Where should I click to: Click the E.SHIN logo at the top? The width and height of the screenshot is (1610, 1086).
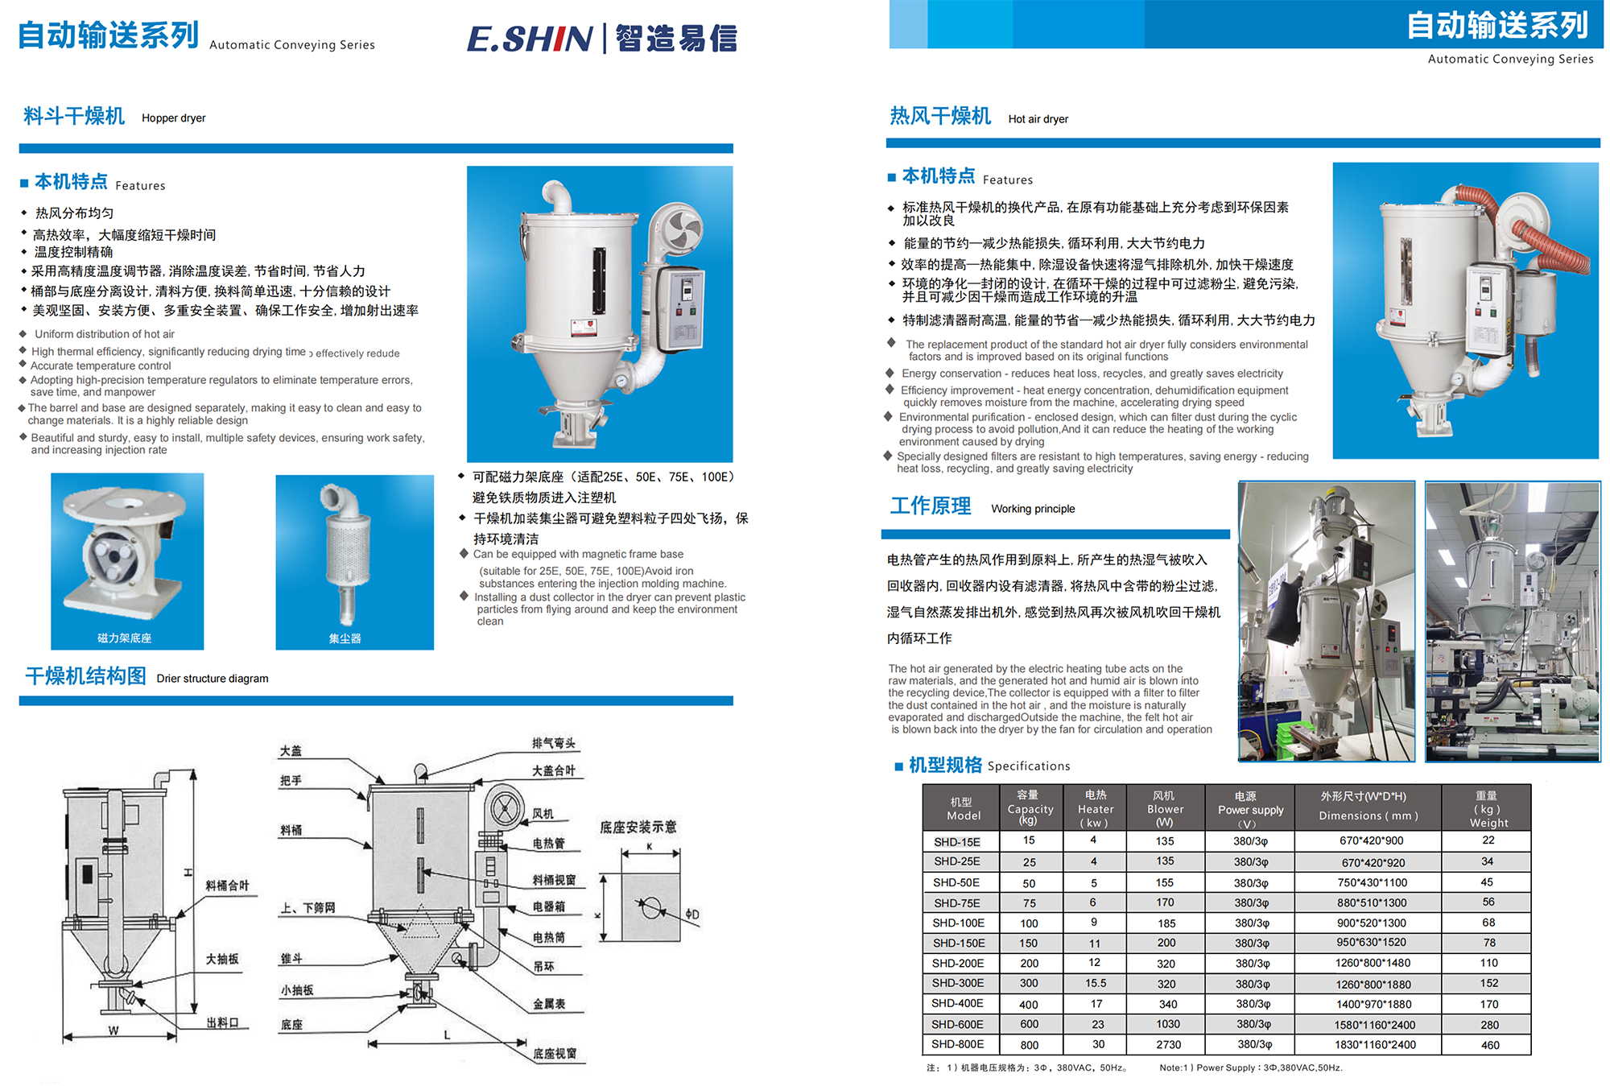pyautogui.click(x=601, y=38)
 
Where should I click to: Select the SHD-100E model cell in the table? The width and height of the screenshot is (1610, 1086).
pyautogui.click(x=958, y=923)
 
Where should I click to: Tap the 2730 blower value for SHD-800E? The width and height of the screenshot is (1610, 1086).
pyautogui.click(x=1168, y=1044)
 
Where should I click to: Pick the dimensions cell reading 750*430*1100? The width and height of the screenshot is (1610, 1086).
pyautogui.click(x=1372, y=882)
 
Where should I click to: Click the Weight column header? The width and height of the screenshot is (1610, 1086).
pyautogui.click(x=1488, y=809)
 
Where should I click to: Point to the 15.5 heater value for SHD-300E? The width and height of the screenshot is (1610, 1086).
pyautogui.click(x=1095, y=983)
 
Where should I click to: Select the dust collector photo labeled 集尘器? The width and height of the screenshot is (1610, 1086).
pyautogui.click(x=353, y=560)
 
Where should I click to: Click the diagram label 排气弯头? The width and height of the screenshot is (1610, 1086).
pyautogui.click(x=553, y=743)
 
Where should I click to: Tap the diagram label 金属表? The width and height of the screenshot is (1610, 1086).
pyautogui.click(x=548, y=1004)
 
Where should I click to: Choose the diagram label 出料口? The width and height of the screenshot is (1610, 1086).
pyautogui.click(x=221, y=1022)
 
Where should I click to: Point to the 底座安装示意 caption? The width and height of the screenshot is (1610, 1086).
pyautogui.click(x=638, y=827)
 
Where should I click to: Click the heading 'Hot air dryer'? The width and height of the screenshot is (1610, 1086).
pyautogui.click(x=1038, y=119)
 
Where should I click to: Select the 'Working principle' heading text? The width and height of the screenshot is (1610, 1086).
pyautogui.click(x=1032, y=509)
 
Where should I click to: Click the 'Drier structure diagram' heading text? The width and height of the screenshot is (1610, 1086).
pyautogui.click(x=213, y=679)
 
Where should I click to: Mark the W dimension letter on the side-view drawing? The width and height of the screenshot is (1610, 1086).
pyautogui.click(x=114, y=1030)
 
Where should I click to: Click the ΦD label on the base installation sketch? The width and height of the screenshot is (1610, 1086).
pyautogui.click(x=691, y=915)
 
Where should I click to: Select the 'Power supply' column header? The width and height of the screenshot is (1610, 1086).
pyautogui.click(x=1249, y=809)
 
